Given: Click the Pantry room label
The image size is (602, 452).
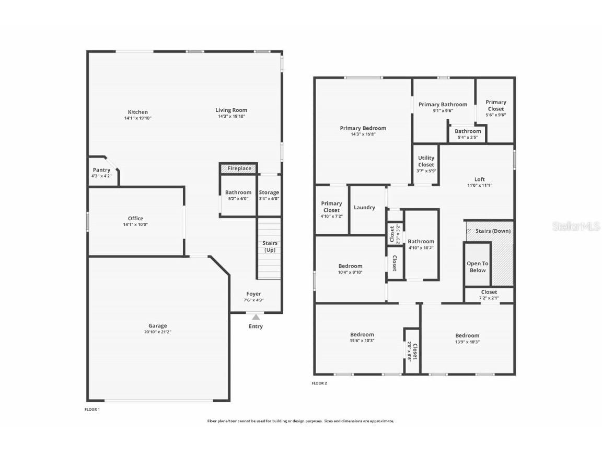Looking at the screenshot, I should (x=101, y=170).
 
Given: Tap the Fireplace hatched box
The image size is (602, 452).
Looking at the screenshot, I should (x=239, y=168).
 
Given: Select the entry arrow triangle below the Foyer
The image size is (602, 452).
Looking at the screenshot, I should (x=256, y=317).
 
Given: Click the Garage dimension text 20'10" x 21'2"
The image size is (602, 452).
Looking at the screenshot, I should (x=157, y=332).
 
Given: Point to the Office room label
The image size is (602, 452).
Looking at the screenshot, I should (x=135, y=219).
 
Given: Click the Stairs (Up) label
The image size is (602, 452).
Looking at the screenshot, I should (x=270, y=246).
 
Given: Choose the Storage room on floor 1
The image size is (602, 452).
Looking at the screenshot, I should (x=269, y=195).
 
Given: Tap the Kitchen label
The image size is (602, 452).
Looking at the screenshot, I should (x=138, y=112).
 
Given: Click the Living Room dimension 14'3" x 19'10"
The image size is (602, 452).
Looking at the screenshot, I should (x=231, y=116).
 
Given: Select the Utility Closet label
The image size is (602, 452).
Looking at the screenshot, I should (x=426, y=161).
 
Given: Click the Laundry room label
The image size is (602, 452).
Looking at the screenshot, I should (x=364, y=208).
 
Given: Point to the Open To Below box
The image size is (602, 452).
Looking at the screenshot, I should (x=478, y=267).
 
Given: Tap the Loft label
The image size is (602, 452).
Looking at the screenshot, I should (x=479, y=179).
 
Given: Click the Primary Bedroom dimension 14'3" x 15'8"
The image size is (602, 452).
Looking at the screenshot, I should (x=363, y=134).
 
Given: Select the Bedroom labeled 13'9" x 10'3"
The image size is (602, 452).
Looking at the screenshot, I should (x=467, y=338).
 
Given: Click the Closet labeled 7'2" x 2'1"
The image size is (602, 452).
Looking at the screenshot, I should (x=489, y=295).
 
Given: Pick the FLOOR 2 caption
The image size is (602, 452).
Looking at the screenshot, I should (x=319, y=383).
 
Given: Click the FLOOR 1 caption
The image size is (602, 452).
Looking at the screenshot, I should (x=92, y=409).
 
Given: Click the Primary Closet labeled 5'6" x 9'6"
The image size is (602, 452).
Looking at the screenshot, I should (x=495, y=108).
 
